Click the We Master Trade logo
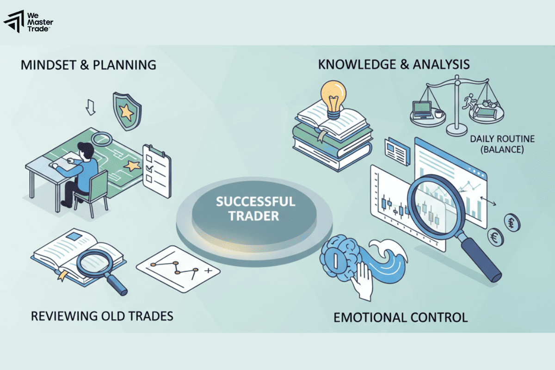tap(28, 22)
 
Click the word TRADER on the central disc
tap(254, 216)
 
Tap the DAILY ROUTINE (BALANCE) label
tap(502, 144)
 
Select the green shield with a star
tap(127, 111)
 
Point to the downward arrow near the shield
tap(91, 107)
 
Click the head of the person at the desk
tap(86, 149)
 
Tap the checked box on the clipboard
tap(149, 168)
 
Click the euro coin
tap(496, 237)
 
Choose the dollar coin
tap(512, 222)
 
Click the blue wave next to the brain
tap(387, 263)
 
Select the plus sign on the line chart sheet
tap(209, 271)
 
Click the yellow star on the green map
tap(132, 166)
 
